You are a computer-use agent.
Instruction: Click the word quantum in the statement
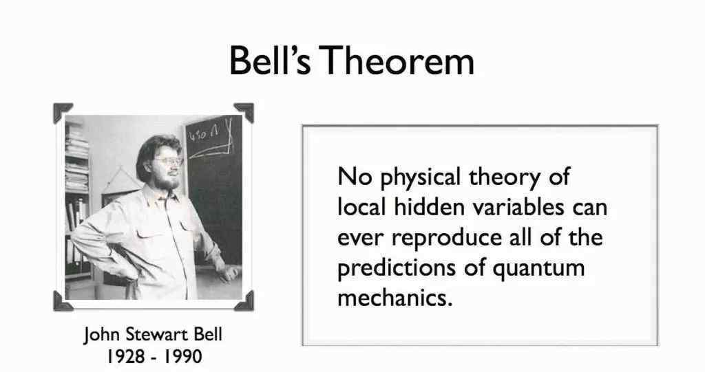tap(538, 269)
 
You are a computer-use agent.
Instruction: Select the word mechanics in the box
tap(394, 298)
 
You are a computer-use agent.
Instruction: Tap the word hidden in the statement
tap(430, 207)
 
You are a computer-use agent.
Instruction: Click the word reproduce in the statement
tap(446, 238)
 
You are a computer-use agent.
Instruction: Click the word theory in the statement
tap(505, 177)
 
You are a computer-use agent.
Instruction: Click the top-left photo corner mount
tap(61, 111)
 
